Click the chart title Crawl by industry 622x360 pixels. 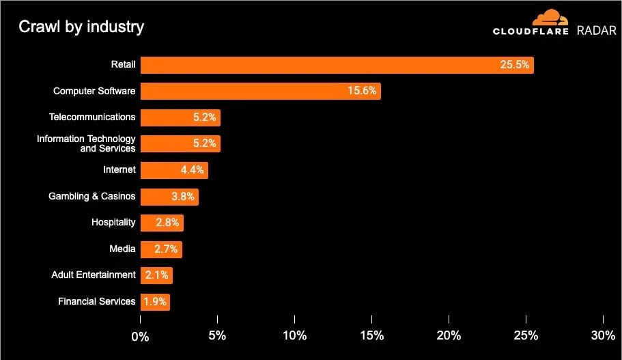pyautogui.click(x=81, y=27)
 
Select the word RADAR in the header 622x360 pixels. pyautogui.click(x=597, y=31)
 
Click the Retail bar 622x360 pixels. pyautogui.click(x=337, y=65)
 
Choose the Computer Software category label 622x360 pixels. pyautogui.click(x=94, y=91)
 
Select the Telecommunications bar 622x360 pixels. pyautogui.click(x=180, y=117)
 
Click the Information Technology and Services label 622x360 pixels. pyautogui.click(x=86, y=143)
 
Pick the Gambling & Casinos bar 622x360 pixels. pyautogui.click(x=169, y=197)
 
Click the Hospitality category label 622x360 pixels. pyautogui.click(x=113, y=222)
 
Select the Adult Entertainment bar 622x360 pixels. pyautogui.click(x=156, y=275)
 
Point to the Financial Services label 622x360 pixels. pyautogui.click(x=96, y=301)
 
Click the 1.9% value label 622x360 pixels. pyautogui.click(x=154, y=302)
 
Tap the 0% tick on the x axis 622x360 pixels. pyautogui.click(x=140, y=335)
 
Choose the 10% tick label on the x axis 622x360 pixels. pyautogui.click(x=294, y=335)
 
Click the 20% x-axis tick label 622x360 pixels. pyautogui.click(x=449, y=335)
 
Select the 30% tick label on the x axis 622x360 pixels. pyautogui.click(x=603, y=335)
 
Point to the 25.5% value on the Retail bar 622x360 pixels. pyautogui.click(x=514, y=65)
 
